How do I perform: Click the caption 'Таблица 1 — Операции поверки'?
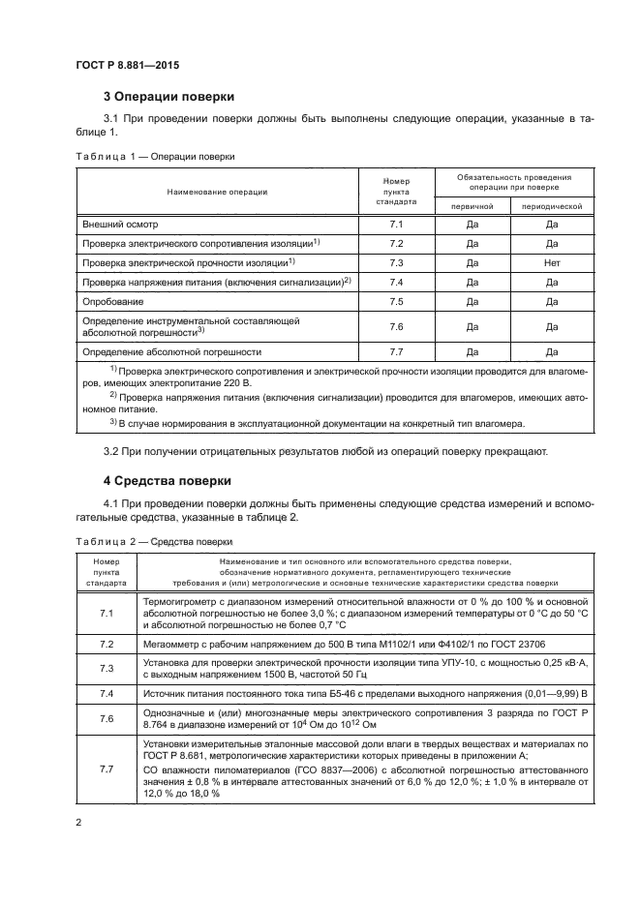point(154,156)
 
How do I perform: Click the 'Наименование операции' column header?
point(217,192)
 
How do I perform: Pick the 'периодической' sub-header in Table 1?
point(551,206)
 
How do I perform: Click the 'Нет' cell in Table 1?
point(551,262)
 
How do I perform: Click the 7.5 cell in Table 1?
point(395,301)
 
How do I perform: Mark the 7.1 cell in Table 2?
point(107,615)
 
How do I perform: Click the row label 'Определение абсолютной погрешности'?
point(172,351)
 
